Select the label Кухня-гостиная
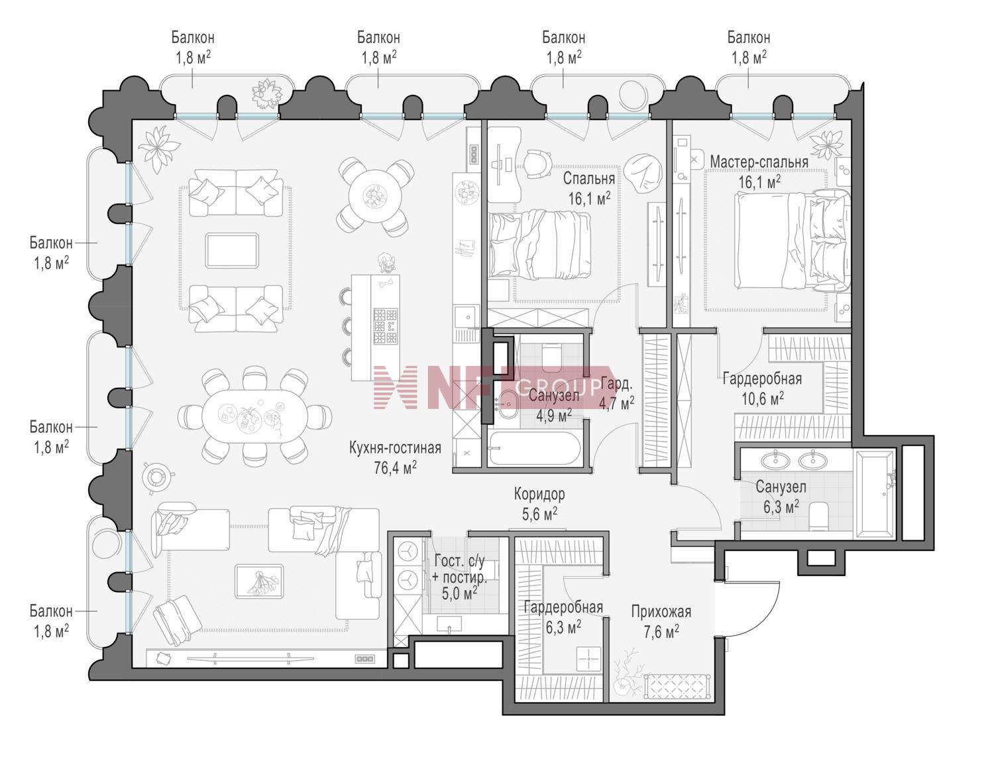(395, 448)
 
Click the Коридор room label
(539, 494)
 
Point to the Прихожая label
(661, 612)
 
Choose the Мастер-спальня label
(759, 162)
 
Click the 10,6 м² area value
(762, 398)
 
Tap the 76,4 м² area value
(395, 468)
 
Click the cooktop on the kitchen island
(385, 326)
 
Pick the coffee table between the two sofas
(232, 250)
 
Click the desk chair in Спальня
(536, 163)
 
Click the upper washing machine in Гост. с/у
(406, 553)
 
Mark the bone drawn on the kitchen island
(386, 282)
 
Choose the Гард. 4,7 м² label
(617, 393)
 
